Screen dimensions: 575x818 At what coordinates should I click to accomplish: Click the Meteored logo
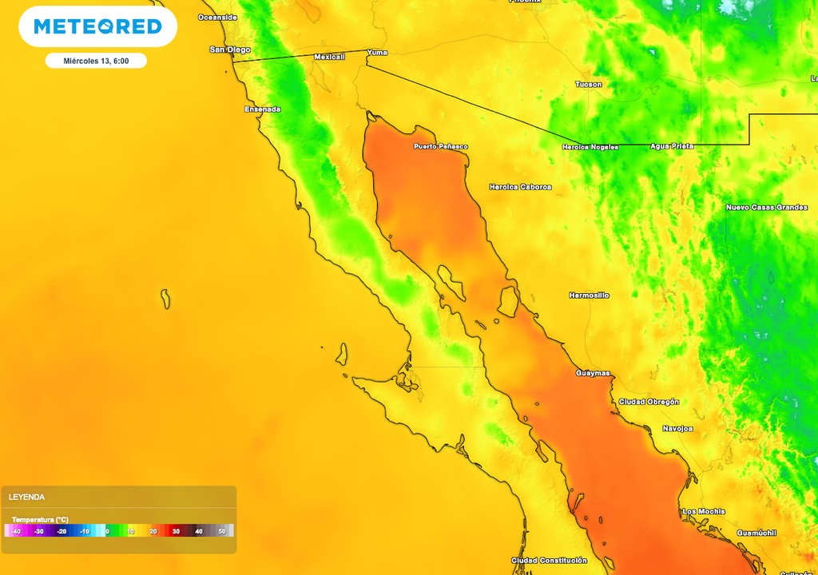click(97, 27)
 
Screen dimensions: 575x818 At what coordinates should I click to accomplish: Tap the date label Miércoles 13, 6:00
click(96, 61)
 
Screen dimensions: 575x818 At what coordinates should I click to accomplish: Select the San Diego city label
click(230, 50)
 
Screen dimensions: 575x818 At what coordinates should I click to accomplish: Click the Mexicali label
click(329, 57)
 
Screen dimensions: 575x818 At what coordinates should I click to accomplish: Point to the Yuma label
click(376, 52)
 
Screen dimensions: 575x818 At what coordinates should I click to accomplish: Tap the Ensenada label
click(263, 109)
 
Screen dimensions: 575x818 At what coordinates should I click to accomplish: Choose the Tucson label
click(589, 84)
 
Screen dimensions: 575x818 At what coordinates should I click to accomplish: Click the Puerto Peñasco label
click(440, 146)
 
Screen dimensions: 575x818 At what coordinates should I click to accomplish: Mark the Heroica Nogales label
click(590, 147)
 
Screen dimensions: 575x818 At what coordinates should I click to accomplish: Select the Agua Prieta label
click(671, 146)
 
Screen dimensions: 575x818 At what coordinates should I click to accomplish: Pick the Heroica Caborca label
click(520, 187)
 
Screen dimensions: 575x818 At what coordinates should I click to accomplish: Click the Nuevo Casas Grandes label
click(766, 208)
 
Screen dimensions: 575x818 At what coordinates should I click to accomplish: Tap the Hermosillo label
click(589, 295)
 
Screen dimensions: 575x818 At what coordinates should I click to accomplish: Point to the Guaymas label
click(593, 373)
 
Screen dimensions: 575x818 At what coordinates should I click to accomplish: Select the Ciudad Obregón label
click(649, 402)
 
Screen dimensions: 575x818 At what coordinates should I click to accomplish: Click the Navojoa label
click(677, 429)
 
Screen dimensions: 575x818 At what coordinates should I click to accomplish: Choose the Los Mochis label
click(704, 511)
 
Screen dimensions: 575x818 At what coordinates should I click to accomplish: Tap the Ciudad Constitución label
click(549, 561)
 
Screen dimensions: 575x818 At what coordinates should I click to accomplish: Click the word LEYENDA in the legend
click(26, 497)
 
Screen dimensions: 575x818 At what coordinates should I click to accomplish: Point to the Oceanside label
click(217, 17)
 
